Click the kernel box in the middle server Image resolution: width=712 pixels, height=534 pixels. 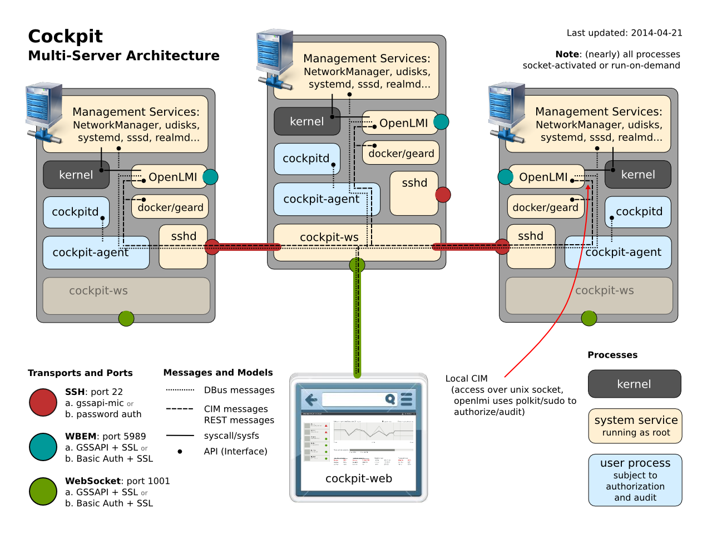pos(306,122)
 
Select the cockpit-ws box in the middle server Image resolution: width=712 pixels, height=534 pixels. pos(329,238)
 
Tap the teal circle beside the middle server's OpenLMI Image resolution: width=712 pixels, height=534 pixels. pos(441,122)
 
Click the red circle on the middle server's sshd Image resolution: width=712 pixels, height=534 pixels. pos(443,195)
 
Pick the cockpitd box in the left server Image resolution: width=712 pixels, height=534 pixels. pos(75,212)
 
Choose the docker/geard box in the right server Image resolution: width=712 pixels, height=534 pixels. pos(545,207)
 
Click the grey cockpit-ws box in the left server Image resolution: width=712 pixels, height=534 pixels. pos(98,291)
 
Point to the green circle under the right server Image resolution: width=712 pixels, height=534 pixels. pos(589,318)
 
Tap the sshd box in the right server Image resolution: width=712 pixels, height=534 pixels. pos(531,236)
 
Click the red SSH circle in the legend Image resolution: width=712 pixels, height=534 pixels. pos(43,402)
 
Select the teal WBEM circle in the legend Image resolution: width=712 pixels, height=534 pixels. pos(43,447)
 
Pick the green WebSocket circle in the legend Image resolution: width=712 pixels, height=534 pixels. pos(43,491)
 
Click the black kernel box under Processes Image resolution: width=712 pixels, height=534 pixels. pos(634,384)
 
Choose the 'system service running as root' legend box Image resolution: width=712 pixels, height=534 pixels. pos(635,426)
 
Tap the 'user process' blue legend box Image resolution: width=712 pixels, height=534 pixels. pos(635,479)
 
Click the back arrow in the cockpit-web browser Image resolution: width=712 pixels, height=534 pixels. pos(311,399)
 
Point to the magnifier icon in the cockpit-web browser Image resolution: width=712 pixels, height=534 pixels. pos(390,399)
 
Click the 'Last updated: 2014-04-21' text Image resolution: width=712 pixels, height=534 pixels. pos(624,33)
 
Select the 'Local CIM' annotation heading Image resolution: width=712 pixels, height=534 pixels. pos(466,378)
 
